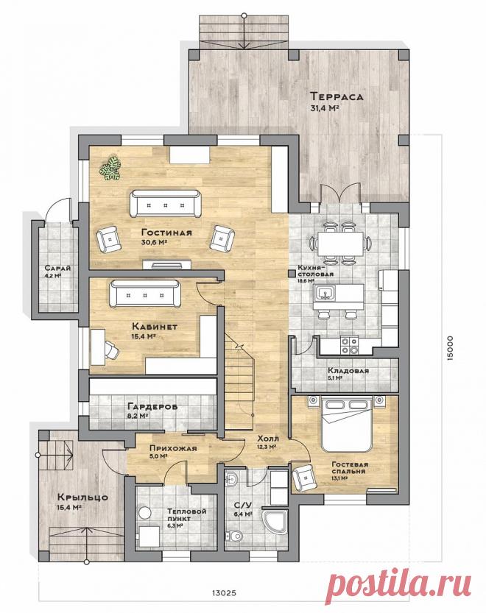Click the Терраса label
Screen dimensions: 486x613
point(337,96)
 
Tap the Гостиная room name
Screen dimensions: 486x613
point(166,233)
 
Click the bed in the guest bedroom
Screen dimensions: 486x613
point(345,422)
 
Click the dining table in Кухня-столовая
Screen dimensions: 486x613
point(339,243)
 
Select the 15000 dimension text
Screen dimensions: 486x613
point(450,348)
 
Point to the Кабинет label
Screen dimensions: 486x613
point(155,327)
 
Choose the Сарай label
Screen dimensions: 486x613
point(57,269)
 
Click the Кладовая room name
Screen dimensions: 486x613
point(348,371)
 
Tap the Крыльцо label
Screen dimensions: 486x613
point(82,497)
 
